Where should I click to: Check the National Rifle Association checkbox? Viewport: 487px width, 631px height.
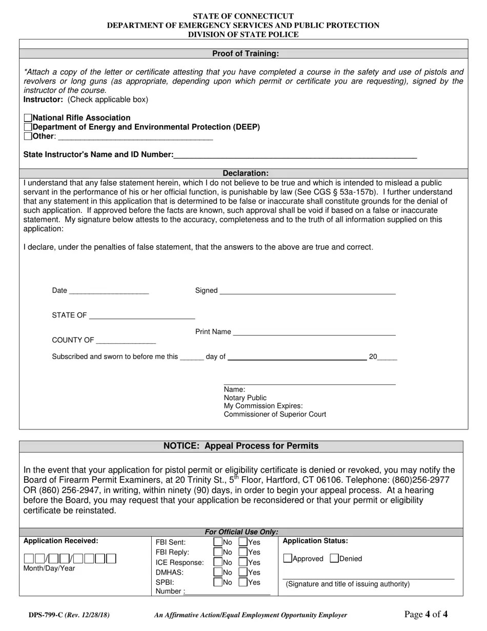click(x=28, y=118)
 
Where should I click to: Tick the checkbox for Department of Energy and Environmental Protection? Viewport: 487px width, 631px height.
click(x=28, y=127)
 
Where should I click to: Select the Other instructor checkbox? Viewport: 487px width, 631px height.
click(x=28, y=136)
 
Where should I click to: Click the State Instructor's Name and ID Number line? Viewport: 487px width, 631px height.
click(x=295, y=155)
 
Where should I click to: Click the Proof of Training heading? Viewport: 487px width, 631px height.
click(x=246, y=54)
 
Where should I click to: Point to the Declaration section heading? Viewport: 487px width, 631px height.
click(x=246, y=173)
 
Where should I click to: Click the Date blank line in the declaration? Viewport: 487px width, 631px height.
click(x=108, y=291)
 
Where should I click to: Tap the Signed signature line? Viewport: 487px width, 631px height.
click(x=307, y=291)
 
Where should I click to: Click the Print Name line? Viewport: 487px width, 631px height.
click(x=314, y=332)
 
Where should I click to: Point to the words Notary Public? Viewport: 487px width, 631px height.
click(x=245, y=398)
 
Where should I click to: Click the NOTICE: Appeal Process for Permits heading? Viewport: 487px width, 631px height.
click(x=241, y=446)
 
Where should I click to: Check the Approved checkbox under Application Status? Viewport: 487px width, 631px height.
click(x=288, y=559)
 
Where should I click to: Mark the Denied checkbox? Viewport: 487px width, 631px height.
click(x=334, y=559)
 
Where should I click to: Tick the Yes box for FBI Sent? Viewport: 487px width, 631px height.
click(x=243, y=542)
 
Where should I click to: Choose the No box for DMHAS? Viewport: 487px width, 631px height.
click(x=218, y=573)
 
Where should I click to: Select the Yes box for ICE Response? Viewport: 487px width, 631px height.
click(x=243, y=562)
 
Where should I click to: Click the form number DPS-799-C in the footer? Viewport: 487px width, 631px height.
click(x=46, y=615)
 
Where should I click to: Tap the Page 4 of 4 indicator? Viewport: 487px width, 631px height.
click(x=425, y=615)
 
